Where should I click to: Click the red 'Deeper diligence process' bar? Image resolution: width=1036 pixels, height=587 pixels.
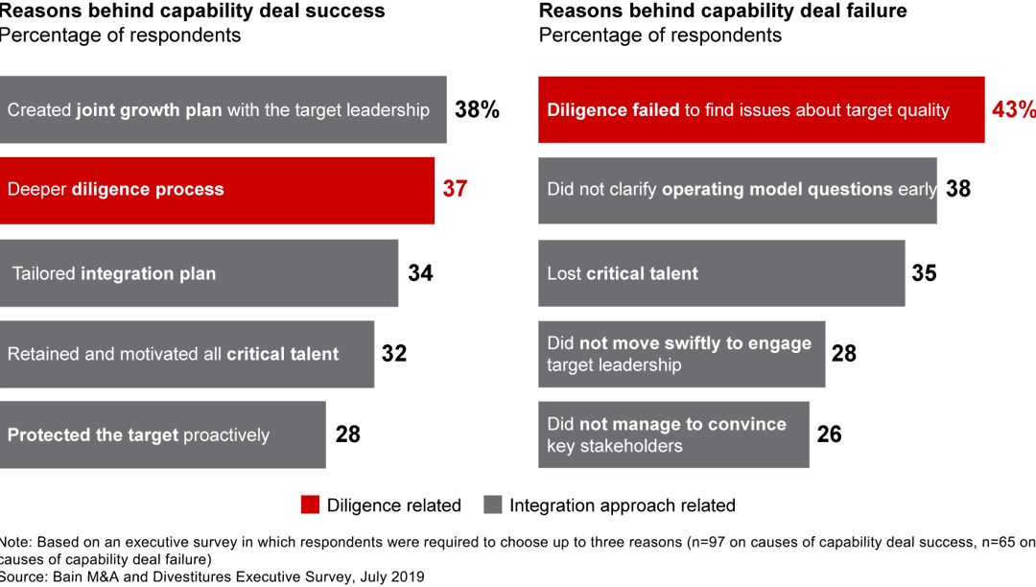(217, 190)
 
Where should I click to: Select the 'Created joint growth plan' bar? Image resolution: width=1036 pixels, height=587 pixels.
(223, 109)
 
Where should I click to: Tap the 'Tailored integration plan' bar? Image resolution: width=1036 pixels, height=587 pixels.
(199, 273)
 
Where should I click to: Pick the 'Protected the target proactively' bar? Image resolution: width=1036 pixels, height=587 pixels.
(162, 434)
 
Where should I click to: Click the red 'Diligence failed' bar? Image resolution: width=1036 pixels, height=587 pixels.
(761, 109)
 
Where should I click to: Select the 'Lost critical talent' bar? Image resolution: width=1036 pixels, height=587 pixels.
(720, 273)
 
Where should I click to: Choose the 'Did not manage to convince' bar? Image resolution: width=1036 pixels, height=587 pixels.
(673, 434)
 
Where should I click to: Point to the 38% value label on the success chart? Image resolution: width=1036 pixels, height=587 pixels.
(477, 109)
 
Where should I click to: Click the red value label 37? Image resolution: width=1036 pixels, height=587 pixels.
(455, 189)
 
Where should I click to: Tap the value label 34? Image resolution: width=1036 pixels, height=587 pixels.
(420, 273)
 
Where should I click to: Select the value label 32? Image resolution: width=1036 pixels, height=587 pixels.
(394, 353)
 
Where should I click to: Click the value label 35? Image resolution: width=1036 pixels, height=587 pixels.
(924, 273)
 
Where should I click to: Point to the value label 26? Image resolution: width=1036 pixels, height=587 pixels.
(829, 434)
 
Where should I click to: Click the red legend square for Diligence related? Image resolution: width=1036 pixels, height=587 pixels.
(309, 505)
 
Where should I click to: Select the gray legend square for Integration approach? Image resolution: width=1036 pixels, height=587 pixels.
(493, 505)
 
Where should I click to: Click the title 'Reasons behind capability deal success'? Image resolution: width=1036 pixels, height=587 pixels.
(192, 12)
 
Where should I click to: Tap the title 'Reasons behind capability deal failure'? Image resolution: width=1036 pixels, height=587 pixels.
(722, 12)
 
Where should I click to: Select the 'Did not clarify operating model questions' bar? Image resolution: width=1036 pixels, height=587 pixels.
(737, 190)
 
